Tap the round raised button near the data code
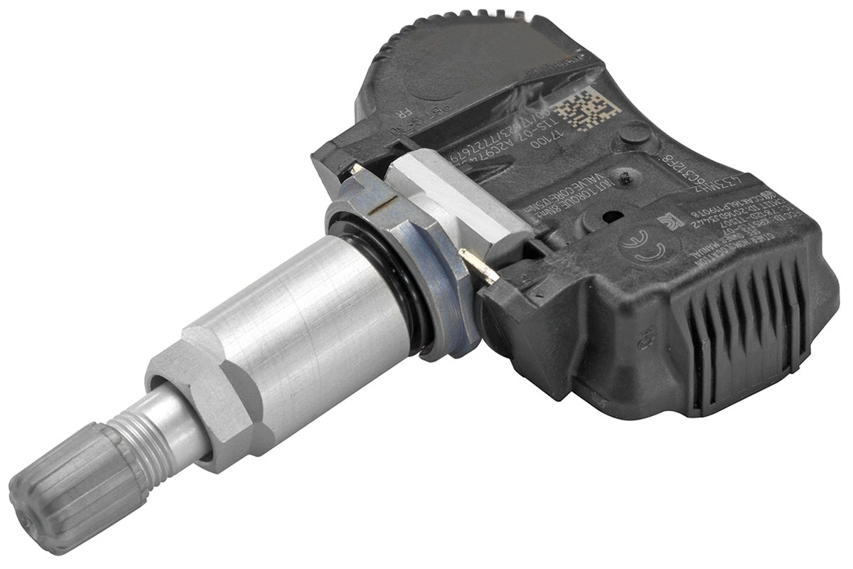pos(635,135)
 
